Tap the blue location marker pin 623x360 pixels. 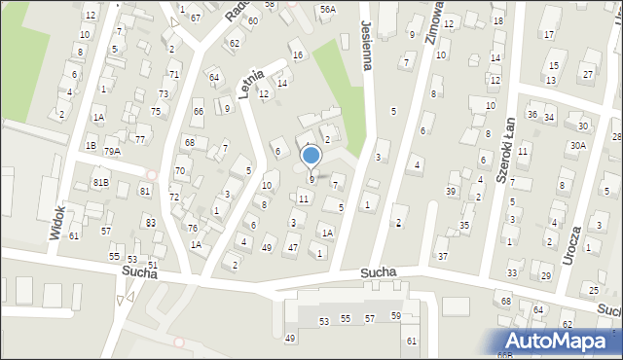pos(311,158)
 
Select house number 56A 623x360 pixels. pos(328,9)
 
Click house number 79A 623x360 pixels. pos(113,151)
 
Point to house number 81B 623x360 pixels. pos(101,182)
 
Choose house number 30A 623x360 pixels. pos(578,145)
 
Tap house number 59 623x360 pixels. pos(396,316)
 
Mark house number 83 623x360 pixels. pos(150,223)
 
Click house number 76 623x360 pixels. pos(193,229)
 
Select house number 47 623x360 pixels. pos(292,248)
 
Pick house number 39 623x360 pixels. pos(451,191)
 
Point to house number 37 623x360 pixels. pos(442,256)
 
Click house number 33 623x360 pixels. pos(511,273)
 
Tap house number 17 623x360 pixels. pos(549,35)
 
